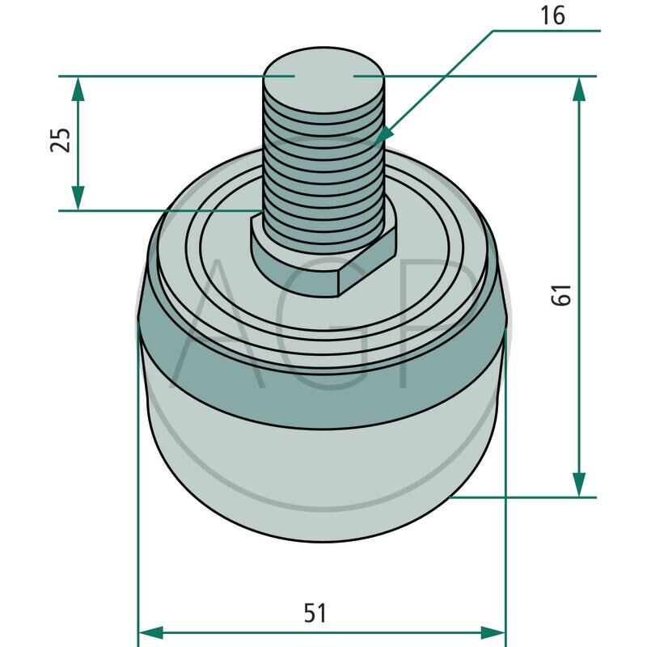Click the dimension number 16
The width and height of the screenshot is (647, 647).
tap(552, 15)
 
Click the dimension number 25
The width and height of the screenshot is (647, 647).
tap(60, 140)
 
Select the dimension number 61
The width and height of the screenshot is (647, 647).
tap(561, 294)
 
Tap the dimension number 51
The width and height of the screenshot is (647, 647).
tap(315, 612)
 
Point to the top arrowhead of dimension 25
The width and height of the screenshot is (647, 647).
tap(78, 89)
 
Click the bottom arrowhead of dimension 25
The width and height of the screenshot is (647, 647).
tap(78, 198)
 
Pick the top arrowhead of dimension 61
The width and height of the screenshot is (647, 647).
tap(579, 89)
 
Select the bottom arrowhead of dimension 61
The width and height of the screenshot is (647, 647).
tap(579, 484)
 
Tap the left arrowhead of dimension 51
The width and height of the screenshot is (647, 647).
tap(151, 632)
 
